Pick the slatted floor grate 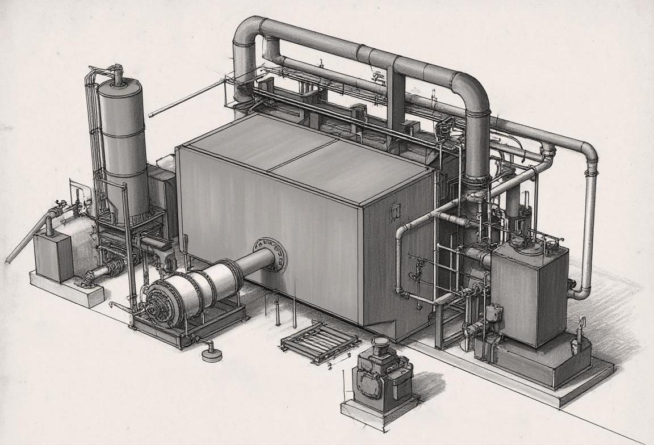[320, 344]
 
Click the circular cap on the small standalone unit [379, 342]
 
